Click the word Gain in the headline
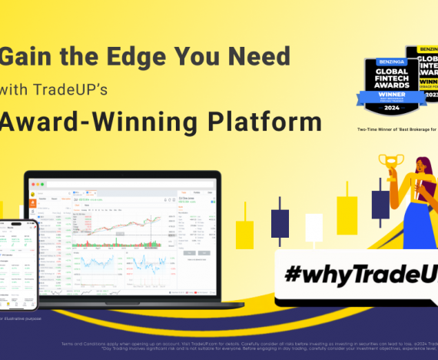tap(24, 57)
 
